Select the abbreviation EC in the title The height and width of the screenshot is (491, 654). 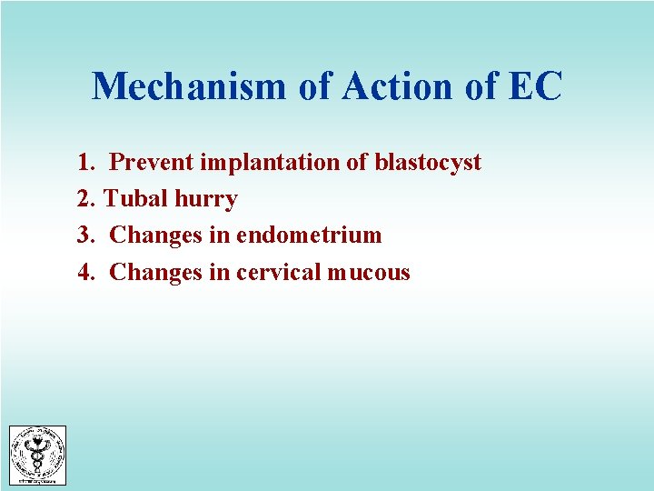pos(536,87)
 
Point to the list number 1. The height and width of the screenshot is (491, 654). pos(86,163)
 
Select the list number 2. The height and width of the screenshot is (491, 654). pos(86,199)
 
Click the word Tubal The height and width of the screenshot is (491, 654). pos(131,199)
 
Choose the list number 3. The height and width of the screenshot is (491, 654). pos(86,235)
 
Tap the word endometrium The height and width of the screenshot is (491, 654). pos(309,235)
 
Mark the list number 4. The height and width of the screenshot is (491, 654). pos(86,272)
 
